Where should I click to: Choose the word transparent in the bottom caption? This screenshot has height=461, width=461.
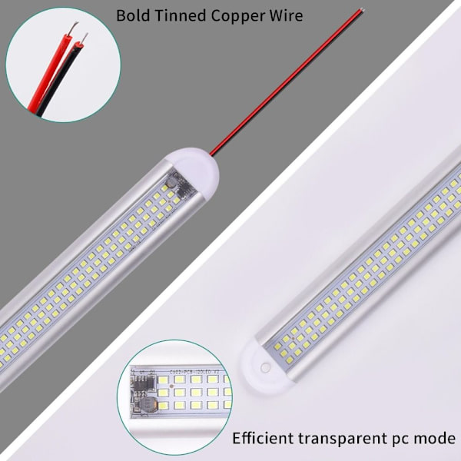tap(347, 439)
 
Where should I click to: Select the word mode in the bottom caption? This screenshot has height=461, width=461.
tap(437, 439)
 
